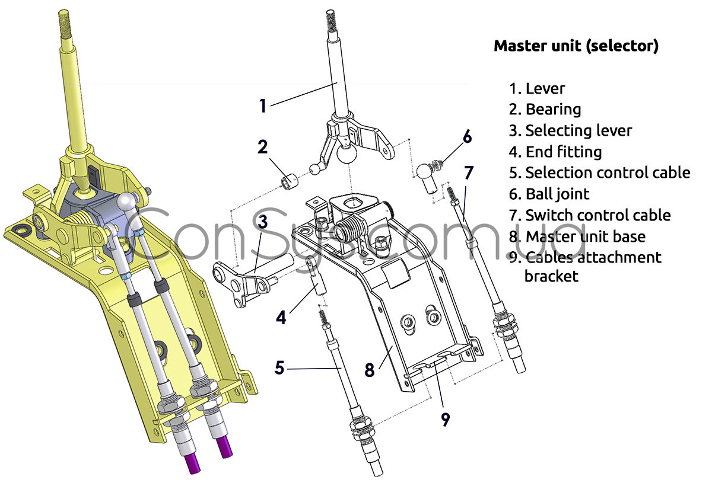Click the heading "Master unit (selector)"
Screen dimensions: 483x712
[x=576, y=46]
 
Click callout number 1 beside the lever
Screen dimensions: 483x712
[x=263, y=105]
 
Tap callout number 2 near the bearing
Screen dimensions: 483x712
[x=263, y=146]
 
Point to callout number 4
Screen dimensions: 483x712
[x=281, y=317]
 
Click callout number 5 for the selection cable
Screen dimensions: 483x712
[x=279, y=367]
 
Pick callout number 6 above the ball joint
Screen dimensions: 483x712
[x=468, y=136]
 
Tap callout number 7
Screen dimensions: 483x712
[x=469, y=173]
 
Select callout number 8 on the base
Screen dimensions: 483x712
[x=370, y=370]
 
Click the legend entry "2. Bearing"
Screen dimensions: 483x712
[x=545, y=109]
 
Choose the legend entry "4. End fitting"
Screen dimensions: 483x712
[x=555, y=152]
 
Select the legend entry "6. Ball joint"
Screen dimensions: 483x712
[x=549, y=194]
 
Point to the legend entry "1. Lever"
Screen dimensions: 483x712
[x=537, y=88]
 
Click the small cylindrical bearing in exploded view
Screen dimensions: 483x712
[x=289, y=180]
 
